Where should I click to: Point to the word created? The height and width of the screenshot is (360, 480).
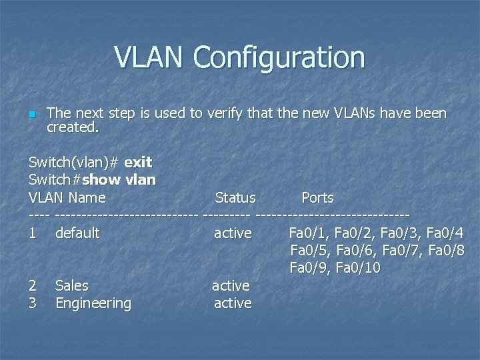pos(73,127)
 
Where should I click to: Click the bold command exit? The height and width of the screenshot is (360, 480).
pos(138,162)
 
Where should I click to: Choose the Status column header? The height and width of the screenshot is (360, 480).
pos(235,198)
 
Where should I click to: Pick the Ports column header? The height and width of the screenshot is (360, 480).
pos(317,198)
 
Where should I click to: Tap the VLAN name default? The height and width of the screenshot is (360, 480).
pos(77,233)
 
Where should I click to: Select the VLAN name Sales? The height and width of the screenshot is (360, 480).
pos(72,285)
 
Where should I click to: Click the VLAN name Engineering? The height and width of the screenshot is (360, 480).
pos(93,303)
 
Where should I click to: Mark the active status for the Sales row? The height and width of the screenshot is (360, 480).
pos(231,286)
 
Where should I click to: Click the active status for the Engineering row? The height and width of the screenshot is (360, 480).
pos(233,303)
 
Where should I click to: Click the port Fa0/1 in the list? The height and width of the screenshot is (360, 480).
pos(309,233)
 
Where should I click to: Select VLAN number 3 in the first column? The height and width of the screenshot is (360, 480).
pos(33,303)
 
